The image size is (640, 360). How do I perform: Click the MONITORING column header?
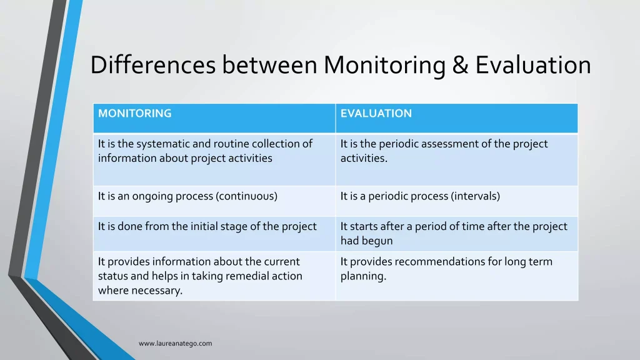pyautogui.click(x=134, y=114)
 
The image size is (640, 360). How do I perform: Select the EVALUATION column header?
pyautogui.click(x=376, y=114)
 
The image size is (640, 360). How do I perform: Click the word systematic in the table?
pyautogui.click(x=164, y=144)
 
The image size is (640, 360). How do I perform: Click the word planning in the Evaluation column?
pyautogui.click(x=363, y=276)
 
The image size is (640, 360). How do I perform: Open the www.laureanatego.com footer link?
pyautogui.click(x=175, y=343)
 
